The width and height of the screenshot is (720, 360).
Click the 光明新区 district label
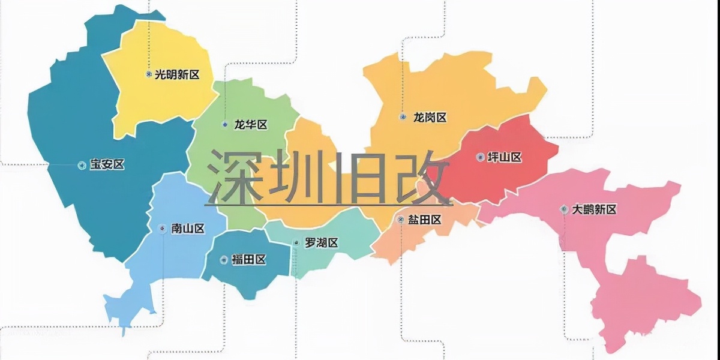177,74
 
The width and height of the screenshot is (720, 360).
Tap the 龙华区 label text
251,125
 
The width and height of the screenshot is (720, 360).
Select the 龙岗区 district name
430,118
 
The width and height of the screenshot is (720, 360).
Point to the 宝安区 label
107,165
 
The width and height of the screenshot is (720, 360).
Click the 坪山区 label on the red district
504,157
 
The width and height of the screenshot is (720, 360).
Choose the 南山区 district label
188,229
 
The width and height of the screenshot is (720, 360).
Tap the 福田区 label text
248,260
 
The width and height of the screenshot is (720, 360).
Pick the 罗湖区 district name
322,243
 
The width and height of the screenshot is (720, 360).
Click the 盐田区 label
425,220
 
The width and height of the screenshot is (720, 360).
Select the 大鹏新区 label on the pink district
594,209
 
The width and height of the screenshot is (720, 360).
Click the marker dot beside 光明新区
148,74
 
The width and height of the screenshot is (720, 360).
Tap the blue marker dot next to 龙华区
225,125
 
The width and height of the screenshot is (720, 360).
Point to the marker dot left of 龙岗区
403,118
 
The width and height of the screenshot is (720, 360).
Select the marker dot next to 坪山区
479,157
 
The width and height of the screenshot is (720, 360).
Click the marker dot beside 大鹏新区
563,209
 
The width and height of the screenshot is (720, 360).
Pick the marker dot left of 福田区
224,260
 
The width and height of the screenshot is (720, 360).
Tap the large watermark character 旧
359,177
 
